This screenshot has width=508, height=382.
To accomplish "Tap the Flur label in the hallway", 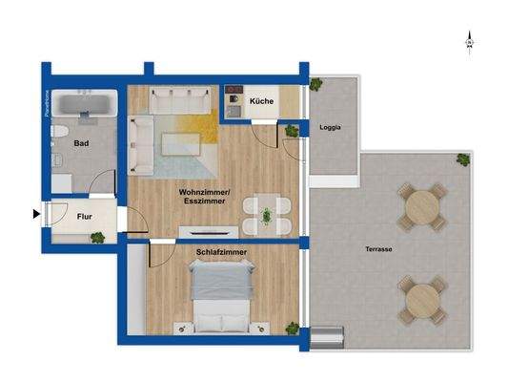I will (x=85, y=216).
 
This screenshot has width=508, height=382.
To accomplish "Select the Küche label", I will (x=261, y=101).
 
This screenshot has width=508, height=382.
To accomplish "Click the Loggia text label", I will (x=331, y=127).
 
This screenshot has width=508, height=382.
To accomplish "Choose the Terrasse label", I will (x=377, y=248).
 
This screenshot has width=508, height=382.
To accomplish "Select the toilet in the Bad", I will (x=57, y=132).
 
